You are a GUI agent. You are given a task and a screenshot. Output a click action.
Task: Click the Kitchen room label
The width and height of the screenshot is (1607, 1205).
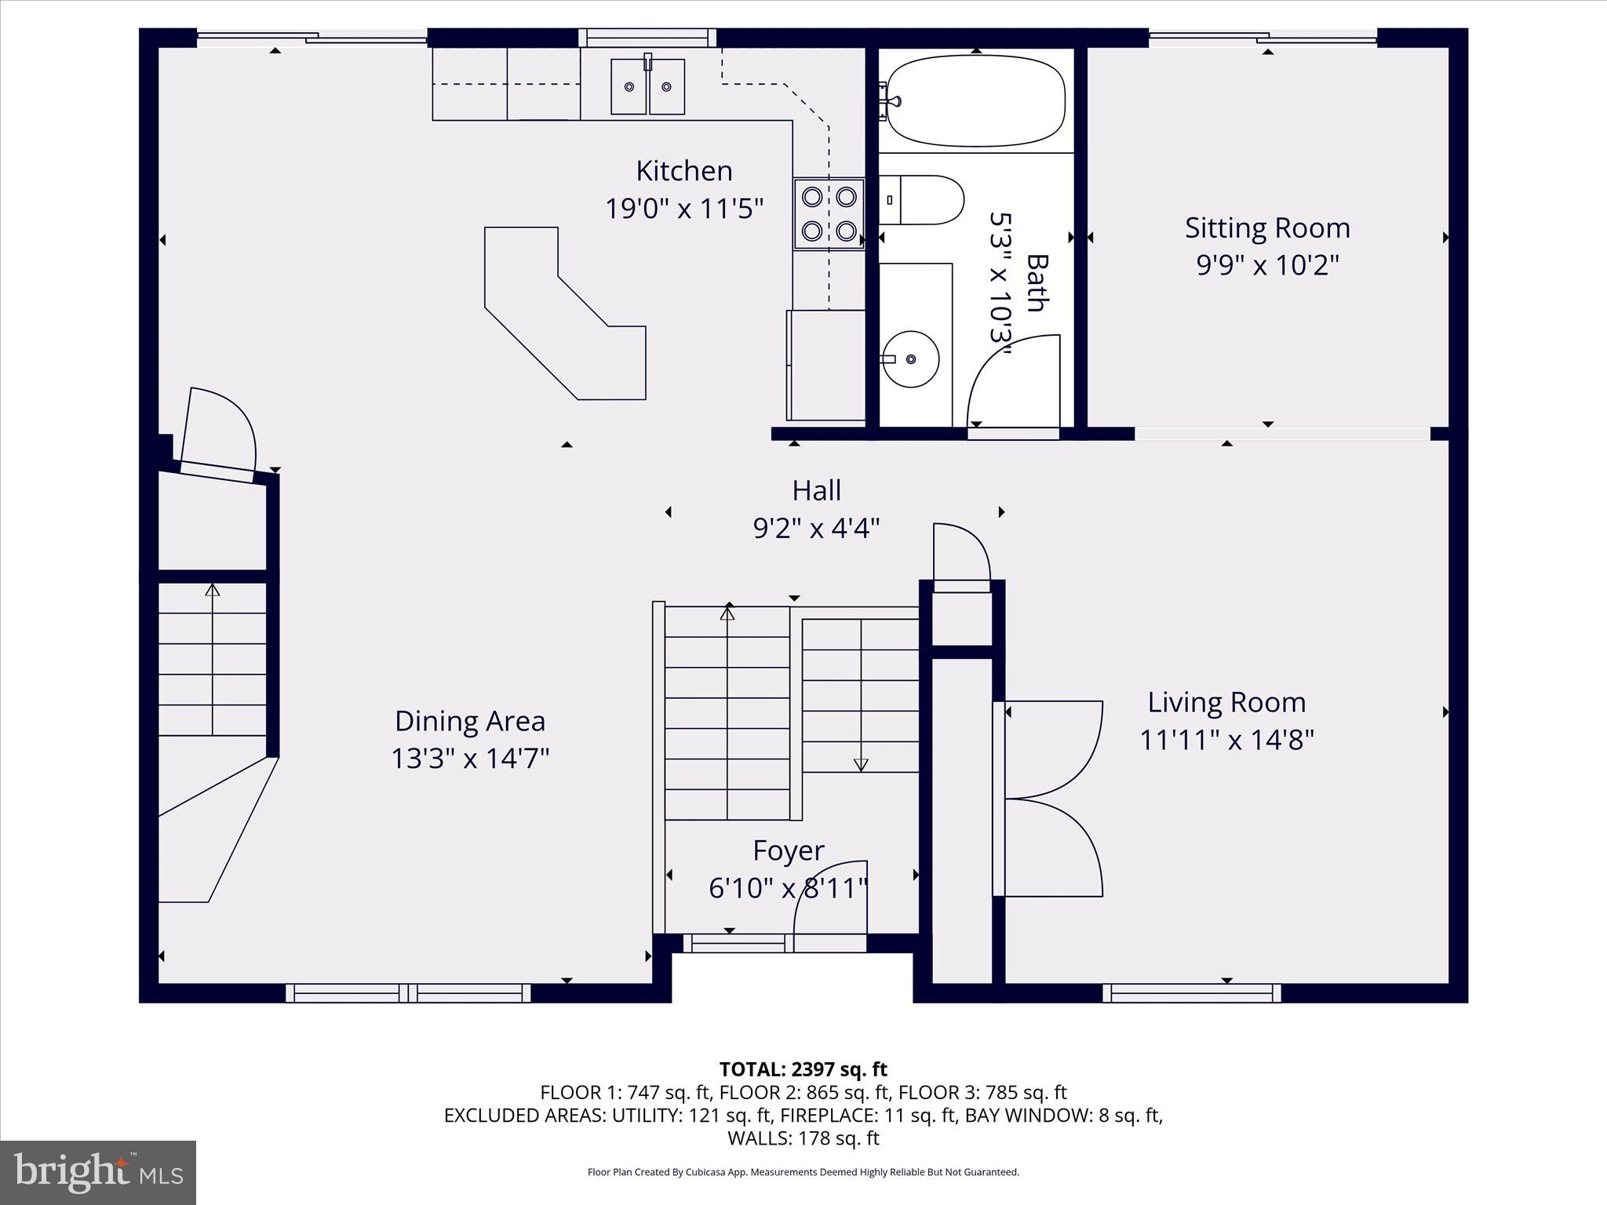click(683, 171)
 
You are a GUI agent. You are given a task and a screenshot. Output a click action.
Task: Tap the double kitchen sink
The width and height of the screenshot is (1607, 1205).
click(647, 86)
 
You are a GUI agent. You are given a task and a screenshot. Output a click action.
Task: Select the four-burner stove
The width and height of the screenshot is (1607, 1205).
click(829, 213)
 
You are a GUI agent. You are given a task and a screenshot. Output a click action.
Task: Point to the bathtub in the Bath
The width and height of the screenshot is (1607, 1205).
click(975, 100)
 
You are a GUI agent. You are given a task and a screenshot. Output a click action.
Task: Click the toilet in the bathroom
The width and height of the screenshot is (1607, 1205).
click(926, 200)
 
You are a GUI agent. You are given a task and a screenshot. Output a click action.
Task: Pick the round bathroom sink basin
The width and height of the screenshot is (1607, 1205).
click(910, 359)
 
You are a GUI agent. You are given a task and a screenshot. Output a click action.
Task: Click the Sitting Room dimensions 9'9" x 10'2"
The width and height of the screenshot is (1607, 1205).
click(1266, 266)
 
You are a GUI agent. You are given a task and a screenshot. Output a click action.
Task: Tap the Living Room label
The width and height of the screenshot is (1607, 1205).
click(1226, 702)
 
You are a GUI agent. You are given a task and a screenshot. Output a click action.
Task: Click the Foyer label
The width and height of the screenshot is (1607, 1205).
click(788, 850)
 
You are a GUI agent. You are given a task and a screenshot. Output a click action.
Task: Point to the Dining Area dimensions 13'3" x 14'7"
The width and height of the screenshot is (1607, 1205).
click(470, 759)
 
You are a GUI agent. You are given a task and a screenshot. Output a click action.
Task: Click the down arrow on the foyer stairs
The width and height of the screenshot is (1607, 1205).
click(861, 763)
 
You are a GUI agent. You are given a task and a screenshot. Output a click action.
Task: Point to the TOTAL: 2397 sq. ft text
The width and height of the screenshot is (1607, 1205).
click(803, 1069)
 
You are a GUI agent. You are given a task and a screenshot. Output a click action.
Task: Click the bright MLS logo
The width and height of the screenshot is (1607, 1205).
click(98, 1172)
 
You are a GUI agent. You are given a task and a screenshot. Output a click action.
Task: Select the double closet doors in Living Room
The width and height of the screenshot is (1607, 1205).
click(1051, 799)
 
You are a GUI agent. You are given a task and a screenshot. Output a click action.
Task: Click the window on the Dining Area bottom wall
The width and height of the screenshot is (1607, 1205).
click(408, 993)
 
